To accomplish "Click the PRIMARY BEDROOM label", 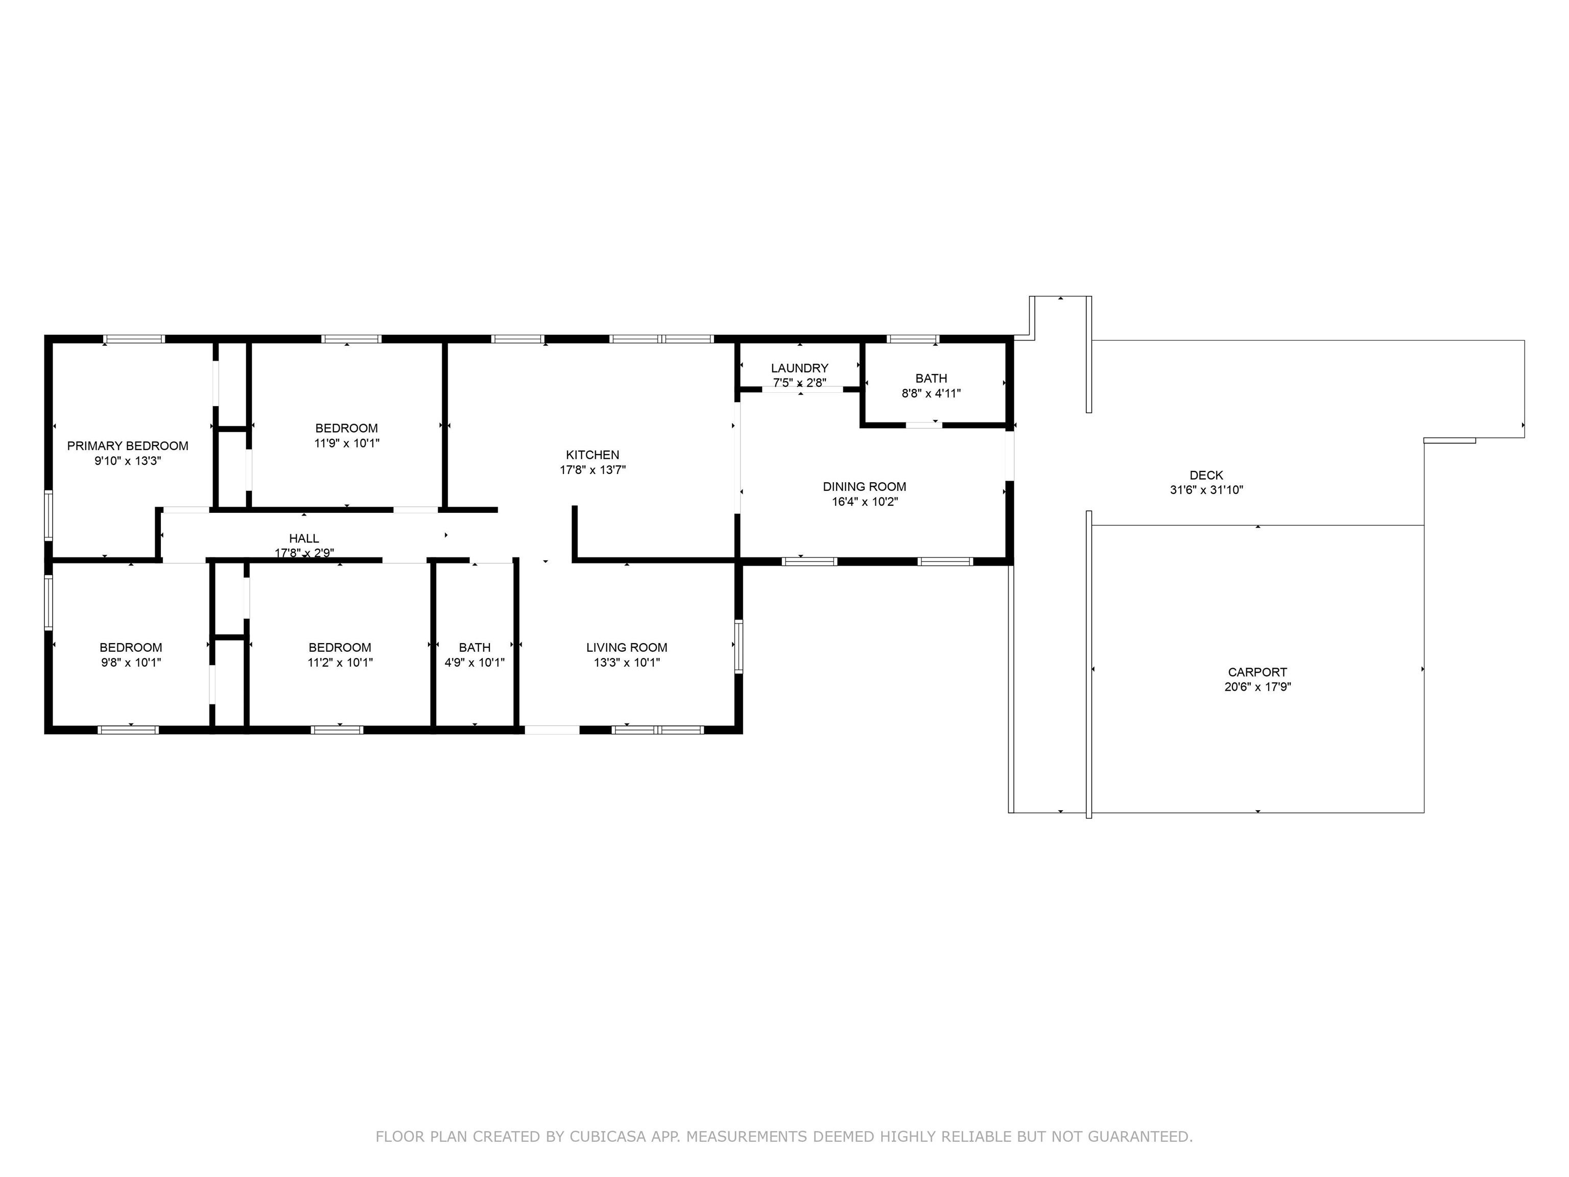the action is click(x=128, y=445).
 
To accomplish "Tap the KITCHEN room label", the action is click(x=592, y=455).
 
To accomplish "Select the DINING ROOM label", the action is click(x=864, y=487).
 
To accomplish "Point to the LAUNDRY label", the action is click(x=799, y=368).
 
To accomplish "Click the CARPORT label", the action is click(x=1257, y=672).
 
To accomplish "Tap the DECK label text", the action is click(x=1206, y=475).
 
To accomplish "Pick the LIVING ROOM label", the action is click(x=626, y=647).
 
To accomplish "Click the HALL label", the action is click(x=303, y=538).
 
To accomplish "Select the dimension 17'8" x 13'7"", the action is click(x=592, y=469).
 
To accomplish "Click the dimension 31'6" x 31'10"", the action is click(x=1206, y=489).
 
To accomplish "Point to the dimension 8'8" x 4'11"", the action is click(x=931, y=393).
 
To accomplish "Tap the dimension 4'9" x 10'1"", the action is click(x=474, y=663).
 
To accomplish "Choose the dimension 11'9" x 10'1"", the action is click(x=347, y=443).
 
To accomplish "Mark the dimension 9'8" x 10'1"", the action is click(x=131, y=663).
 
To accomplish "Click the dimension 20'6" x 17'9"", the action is click(x=1257, y=687).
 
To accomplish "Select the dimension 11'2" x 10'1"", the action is click(x=340, y=663).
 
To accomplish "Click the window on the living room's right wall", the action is click(x=739, y=646).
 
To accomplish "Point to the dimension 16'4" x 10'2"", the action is click(x=864, y=502).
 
